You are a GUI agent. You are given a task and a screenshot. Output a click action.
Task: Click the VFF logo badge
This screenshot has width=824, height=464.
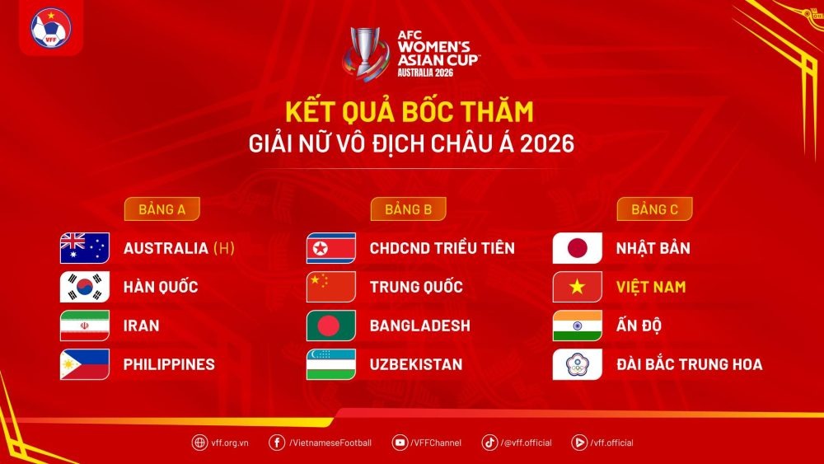point(51,28)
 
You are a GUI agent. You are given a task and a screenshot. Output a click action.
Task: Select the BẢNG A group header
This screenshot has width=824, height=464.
point(162,209)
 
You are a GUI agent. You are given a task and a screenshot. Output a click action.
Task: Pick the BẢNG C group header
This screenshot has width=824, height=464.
point(654,209)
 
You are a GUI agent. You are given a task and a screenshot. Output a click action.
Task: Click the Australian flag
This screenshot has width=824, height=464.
point(84,248)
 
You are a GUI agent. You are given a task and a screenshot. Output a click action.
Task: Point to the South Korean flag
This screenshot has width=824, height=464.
point(84,287)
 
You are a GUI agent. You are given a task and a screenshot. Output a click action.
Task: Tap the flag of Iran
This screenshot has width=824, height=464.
point(84,326)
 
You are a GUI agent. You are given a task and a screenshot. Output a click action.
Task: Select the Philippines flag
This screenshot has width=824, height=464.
point(84,364)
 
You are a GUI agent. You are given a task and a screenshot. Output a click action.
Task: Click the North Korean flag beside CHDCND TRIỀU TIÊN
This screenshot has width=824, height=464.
point(330,248)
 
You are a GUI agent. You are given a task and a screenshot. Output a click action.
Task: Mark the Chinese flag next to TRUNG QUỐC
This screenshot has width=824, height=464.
point(330,287)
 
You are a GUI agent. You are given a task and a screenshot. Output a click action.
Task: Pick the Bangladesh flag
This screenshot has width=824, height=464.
point(330,326)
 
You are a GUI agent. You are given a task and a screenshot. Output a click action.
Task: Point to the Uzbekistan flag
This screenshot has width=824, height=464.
point(330,364)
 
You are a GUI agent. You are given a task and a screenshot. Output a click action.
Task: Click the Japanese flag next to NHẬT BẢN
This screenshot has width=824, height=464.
point(577,248)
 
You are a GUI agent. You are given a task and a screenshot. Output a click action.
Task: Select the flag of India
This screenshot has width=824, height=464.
point(577,326)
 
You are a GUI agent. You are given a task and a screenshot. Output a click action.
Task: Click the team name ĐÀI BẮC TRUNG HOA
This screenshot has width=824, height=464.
point(689,364)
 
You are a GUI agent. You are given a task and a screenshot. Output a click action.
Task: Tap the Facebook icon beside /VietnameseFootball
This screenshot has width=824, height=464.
point(277,443)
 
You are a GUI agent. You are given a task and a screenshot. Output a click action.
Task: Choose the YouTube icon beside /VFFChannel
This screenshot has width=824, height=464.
point(400,443)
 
